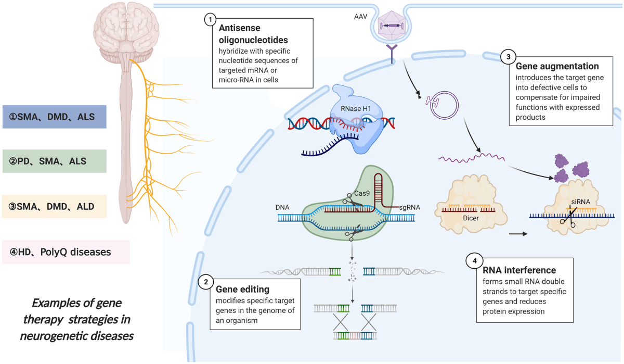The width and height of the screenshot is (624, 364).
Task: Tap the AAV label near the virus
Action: coord(361,16)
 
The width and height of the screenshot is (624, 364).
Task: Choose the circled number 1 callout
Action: coord(210,20)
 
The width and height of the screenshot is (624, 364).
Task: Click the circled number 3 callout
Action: coord(508,57)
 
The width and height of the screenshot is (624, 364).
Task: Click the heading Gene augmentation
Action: coord(557,67)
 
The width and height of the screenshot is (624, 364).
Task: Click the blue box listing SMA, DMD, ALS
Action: coord(54,117)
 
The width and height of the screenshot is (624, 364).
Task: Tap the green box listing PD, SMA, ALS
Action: coord(54,161)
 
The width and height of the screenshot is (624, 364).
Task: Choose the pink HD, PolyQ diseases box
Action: coord(66,252)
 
